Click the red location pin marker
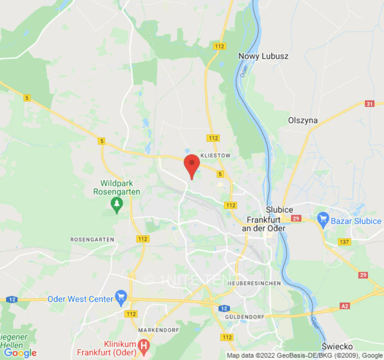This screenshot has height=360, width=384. tap(192, 165)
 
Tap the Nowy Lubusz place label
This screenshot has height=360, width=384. tap(263, 56)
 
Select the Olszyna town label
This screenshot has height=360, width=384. tap(303, 121)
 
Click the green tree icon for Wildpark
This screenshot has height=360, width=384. tap(117, 205)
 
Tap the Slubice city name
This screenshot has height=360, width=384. tap(279, 210)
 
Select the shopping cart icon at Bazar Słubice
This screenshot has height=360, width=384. tap(323, 220)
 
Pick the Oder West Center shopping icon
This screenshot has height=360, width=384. tap(121, 297)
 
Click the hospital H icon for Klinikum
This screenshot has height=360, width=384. tap(144, 346)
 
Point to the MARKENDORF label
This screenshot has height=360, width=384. tap(158, 330)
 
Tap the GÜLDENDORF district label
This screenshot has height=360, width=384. tap(244, 317)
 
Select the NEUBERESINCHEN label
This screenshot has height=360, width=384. tap(254, 283)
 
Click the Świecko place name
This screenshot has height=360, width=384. tap(337, 346)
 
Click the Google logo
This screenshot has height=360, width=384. tap(20, 353)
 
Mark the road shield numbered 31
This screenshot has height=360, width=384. tap(370, 104)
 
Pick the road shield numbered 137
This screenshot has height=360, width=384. tap(344, 242)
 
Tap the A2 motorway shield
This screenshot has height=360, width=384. tap(345, 306)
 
